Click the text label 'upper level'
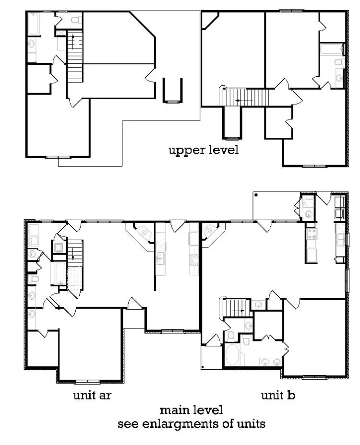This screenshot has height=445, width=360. (203, 150)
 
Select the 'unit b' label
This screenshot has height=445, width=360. (278, 396)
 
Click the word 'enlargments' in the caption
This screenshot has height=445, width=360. (191, 424)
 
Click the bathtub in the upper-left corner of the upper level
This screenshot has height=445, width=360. (34, 24)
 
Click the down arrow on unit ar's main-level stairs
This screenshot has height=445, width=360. (73, 252)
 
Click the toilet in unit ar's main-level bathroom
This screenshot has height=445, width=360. (34, 279)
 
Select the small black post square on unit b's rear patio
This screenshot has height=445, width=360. (256, 195)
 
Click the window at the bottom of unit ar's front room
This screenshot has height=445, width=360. (88, 382)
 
